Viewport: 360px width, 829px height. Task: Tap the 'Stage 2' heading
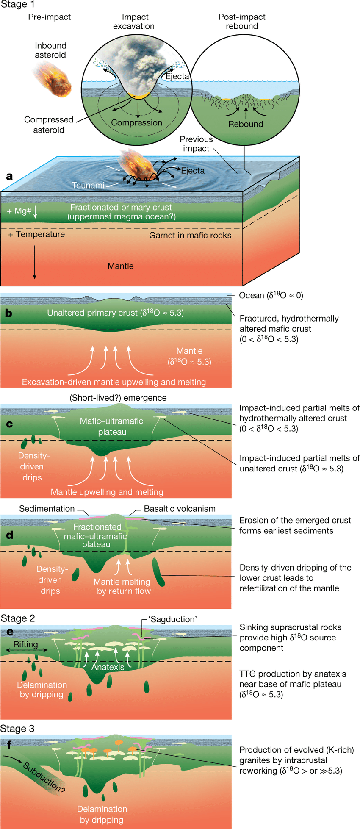[18, 618]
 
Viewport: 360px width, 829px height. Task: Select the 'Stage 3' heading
[18, 729]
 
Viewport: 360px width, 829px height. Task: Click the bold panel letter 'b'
[8, 313]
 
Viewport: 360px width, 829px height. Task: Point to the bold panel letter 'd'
[9, 535]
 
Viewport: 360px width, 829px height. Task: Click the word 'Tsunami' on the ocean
[88, 186]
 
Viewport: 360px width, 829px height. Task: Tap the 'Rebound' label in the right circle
[246, 124]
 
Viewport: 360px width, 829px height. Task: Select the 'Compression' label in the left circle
[136, 123]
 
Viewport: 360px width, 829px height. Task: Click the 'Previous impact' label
[196, 144]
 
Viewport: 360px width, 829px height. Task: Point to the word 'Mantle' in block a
[120, 266]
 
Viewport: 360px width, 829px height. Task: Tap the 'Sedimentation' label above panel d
[47, 509]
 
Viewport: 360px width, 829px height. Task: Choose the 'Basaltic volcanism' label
[180, 509]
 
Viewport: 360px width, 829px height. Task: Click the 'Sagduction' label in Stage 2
[172, 619]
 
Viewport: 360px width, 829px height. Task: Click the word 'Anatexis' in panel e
[108, 667]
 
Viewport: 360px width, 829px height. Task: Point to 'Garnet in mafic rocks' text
[190, 236]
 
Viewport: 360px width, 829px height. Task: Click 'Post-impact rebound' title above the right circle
[242, 22]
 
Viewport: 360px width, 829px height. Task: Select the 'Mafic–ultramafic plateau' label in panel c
[112, 427]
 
